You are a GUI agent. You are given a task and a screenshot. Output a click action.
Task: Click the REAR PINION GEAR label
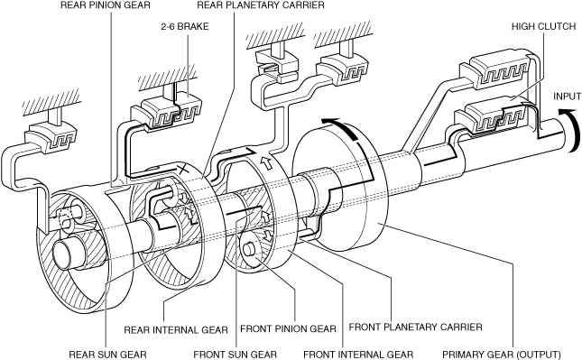pyautogui.click(x=106, y=5)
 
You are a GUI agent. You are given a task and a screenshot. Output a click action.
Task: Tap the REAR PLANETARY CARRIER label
pyautogui.click(x=261, y=5)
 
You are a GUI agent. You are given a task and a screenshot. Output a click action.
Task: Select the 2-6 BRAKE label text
pyautogui.click(x=185, y=27)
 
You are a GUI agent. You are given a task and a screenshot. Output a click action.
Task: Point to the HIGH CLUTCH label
pyautogui.click(x=544, y=27)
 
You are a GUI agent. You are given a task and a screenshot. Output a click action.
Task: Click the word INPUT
pyautogui.click(x=568, y=97)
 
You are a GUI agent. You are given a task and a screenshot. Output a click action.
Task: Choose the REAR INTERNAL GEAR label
pyautogui.click(x=176, y=330)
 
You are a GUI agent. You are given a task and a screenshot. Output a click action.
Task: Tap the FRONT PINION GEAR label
pyautogui.click(x=288, y=328)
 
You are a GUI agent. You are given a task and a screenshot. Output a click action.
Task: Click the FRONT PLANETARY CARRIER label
pyautogui.click(x=416, y=327)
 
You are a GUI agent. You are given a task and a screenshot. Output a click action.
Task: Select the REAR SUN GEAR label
pyautogui.click(x=107, y=355)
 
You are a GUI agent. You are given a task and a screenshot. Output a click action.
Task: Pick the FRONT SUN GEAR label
pyautogui.click(x=236, y=355)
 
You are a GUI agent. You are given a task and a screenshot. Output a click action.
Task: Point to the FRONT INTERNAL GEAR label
pyautogui.click(x=358, y=355)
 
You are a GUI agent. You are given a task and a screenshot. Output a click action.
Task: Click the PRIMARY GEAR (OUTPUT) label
pyautogui.click(x=502, y=355)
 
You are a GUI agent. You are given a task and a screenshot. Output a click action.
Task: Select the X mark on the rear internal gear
pyautogui.click(x=184, y=171)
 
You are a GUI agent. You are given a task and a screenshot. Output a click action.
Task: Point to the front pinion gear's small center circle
pyautogui.click(x=247, y=249)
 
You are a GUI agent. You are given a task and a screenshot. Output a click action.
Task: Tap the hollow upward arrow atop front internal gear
pyautogui.click(x=267, y=162)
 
